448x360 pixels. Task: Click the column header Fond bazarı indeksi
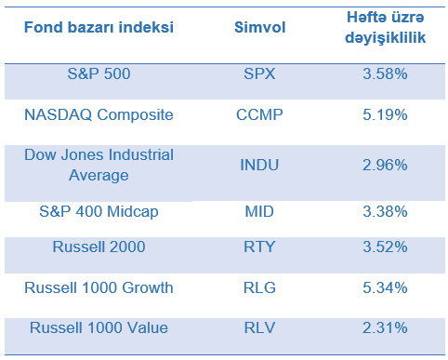coord(99,27)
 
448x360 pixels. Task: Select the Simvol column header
coord(259,27)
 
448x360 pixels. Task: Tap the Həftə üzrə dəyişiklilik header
coord(385,27)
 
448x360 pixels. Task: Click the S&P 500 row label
coord(99,73)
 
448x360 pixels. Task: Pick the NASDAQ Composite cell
coord(99,115)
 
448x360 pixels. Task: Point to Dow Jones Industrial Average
coord(99,165)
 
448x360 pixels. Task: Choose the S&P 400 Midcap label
coord(99,212)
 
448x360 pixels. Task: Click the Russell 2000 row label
coord(99,247)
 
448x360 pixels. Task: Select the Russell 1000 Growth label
coord(99,287)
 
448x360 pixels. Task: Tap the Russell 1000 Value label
coord(99,327)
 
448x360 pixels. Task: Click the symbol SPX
coord(259,73)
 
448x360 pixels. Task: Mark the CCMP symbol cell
coord(259,114)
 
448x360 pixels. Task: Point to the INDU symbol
coord(259,165)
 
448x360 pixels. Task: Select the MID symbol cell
coord(259,212)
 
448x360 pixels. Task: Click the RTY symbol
coord(259,247)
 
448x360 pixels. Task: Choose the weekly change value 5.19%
coord(385,114)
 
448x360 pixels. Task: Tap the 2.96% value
coord(385,165)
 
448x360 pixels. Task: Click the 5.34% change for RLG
coord(385,287)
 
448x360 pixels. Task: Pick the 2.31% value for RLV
coord(385,327)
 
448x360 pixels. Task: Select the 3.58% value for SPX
coord(385,73)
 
